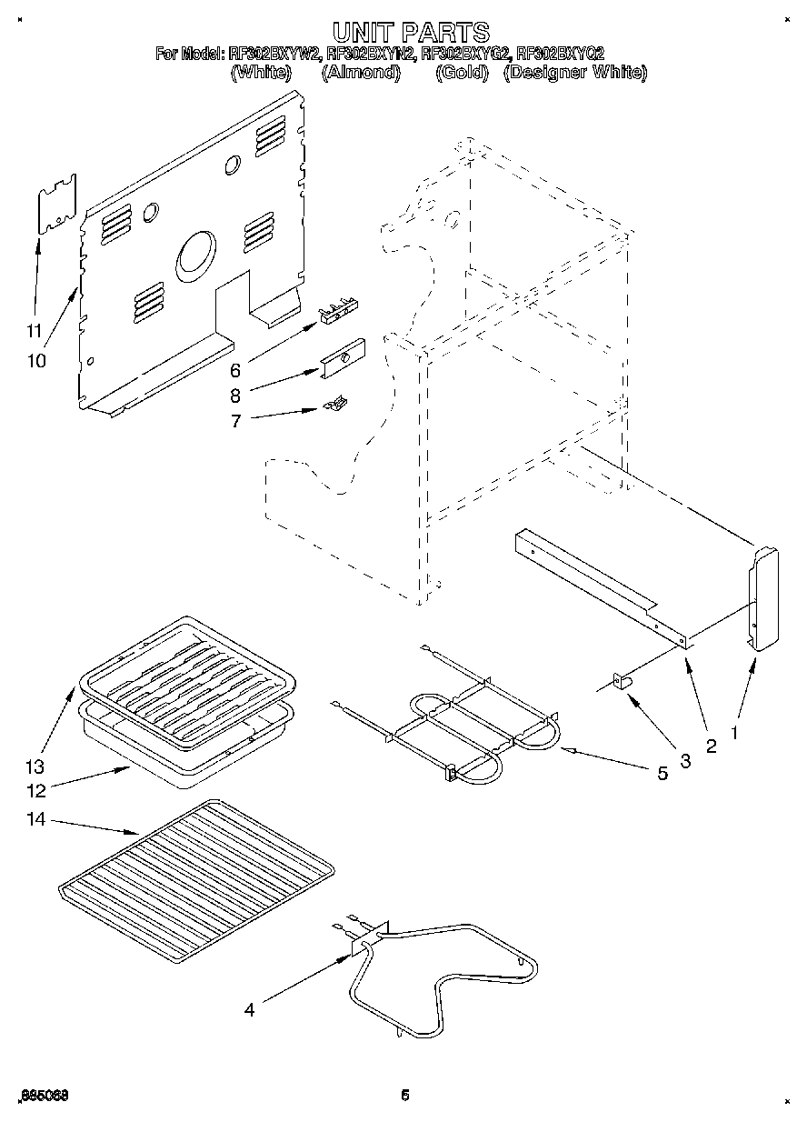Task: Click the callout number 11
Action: pyautogui.click(x=34, y=330)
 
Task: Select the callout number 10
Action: pyautogui.click(x=35, y=360)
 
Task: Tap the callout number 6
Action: pyautogui.click(x=234, y=370)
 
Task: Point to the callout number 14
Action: pyautogui.click(x=35, y=820)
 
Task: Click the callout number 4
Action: pyautogui.click(x=249, y=1008)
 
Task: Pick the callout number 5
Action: pyautogui.click(x=663, y=773)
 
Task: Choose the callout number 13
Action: pyautogui.click(x=35, y=766)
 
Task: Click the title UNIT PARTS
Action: pyautogui.click(x=403, y=34)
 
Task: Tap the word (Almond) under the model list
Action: pyautogui.click(x=361, y=73)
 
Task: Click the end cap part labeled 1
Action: pyautogui.click(x=762, y=598)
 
